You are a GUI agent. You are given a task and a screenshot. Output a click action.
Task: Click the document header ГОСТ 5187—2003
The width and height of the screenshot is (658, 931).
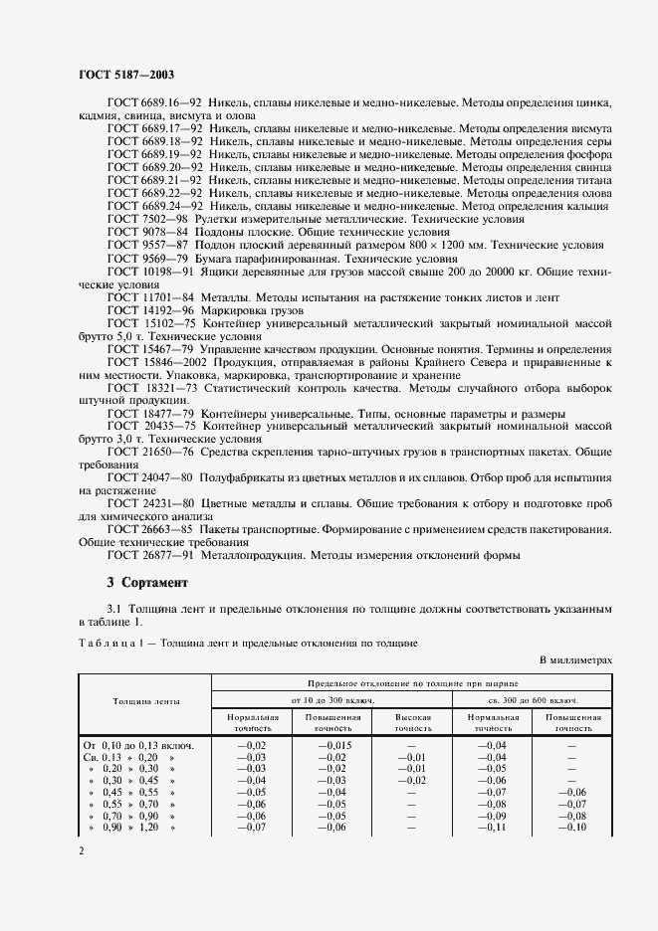coord(127,75)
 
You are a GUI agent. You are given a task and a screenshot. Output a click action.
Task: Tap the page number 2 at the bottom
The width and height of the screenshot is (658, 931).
coord(81,851)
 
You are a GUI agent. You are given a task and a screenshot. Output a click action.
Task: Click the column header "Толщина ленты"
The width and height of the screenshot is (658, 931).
coord(144,702)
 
